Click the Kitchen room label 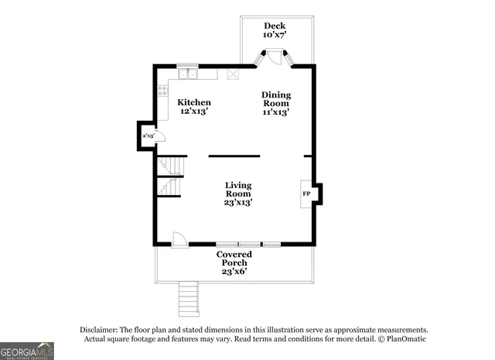coord(193,102)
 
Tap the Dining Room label coord(275,99)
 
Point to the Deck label coord(275,26)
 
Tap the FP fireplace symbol coord(306,193)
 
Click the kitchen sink coord(187,74)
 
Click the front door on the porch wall coord(179,239)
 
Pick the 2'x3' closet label coord(148,135)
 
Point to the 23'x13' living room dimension coord(238,202)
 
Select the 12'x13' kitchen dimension coord(193,111)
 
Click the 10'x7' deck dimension coord(275,36)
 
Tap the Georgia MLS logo coord(27,351)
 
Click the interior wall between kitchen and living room coord(234,156)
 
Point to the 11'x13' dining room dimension coord(275,112)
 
